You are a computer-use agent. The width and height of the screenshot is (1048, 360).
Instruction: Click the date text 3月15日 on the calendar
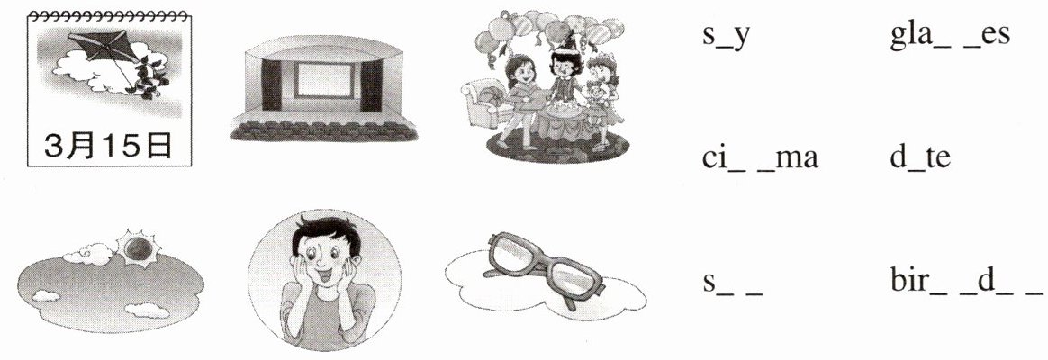coord(109,145)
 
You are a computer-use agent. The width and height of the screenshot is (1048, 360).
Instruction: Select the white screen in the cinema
coord(323,79)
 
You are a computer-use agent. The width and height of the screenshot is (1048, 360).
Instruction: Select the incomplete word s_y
coord(727,35)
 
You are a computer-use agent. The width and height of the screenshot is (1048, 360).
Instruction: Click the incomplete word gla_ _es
coord(950,35)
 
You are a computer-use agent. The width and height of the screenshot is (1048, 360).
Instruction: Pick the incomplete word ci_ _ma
coord(760,158)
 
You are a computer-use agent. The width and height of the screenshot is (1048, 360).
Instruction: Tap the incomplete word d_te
coord(919,158)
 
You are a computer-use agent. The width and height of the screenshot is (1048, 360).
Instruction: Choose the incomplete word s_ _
coord(733,284)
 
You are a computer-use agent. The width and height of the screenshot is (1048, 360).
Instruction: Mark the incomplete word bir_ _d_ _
coord(966,283)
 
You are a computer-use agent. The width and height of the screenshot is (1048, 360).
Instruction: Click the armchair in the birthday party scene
coord(484,103)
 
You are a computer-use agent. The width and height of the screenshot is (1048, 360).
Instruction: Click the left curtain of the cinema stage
coord(271,85)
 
